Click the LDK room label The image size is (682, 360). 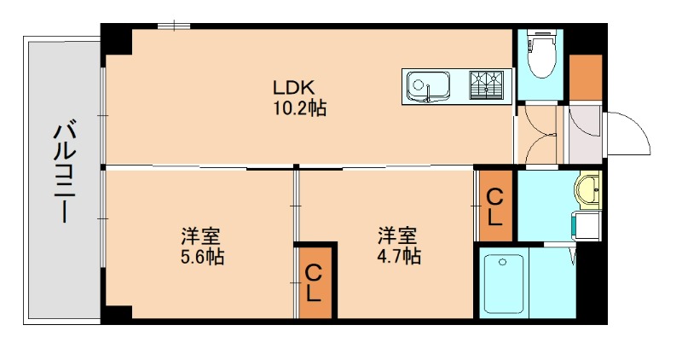click(x=294, y=87)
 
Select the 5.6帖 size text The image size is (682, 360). click(x=202, y=256)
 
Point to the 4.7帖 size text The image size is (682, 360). click(x=399, y=256)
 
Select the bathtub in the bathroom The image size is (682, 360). click(x=504, y=282)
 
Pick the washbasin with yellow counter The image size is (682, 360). click(x=588, y=189)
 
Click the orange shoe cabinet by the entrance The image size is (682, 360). click(x=586, y=77)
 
